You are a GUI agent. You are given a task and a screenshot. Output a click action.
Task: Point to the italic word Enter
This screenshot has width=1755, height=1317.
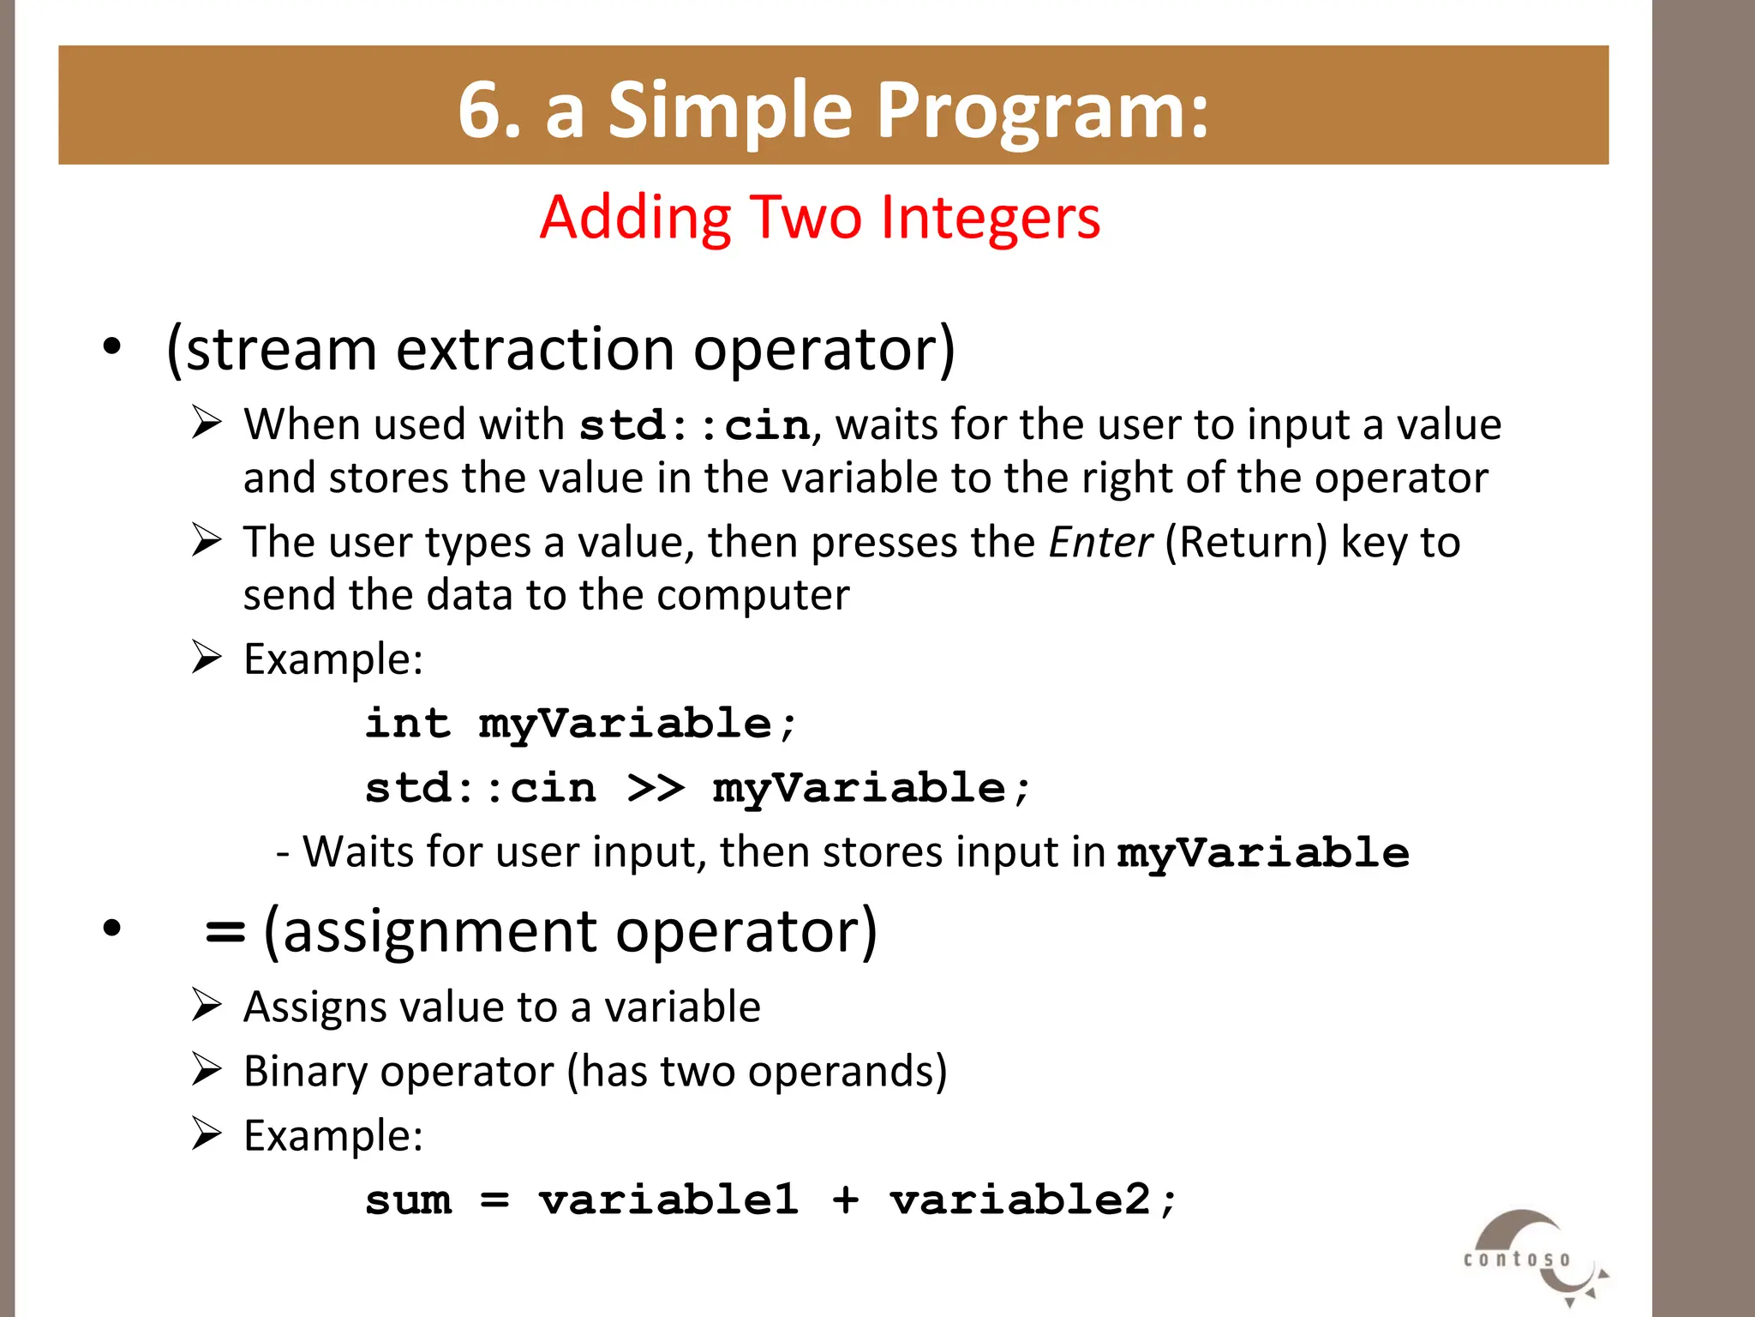[x=1099, y=543]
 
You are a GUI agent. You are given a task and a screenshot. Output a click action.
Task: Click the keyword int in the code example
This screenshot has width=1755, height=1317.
[x=408, y=723]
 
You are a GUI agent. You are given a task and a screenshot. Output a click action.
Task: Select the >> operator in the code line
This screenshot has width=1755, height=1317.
[x=655, y=788]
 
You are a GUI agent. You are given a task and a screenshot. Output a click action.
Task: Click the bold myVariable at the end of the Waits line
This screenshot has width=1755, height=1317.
[x=1262, y=853]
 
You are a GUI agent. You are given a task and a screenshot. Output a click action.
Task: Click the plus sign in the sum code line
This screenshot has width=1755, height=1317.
[x=845, y=1200]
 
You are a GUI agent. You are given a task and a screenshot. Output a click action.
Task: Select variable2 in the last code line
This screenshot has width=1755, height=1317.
[x=1020, y=1200]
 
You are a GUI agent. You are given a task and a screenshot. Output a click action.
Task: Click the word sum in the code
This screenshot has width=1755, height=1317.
[x=408, y=1200]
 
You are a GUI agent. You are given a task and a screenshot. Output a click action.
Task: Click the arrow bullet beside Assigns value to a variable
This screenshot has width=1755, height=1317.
[x=207, y=1005]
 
